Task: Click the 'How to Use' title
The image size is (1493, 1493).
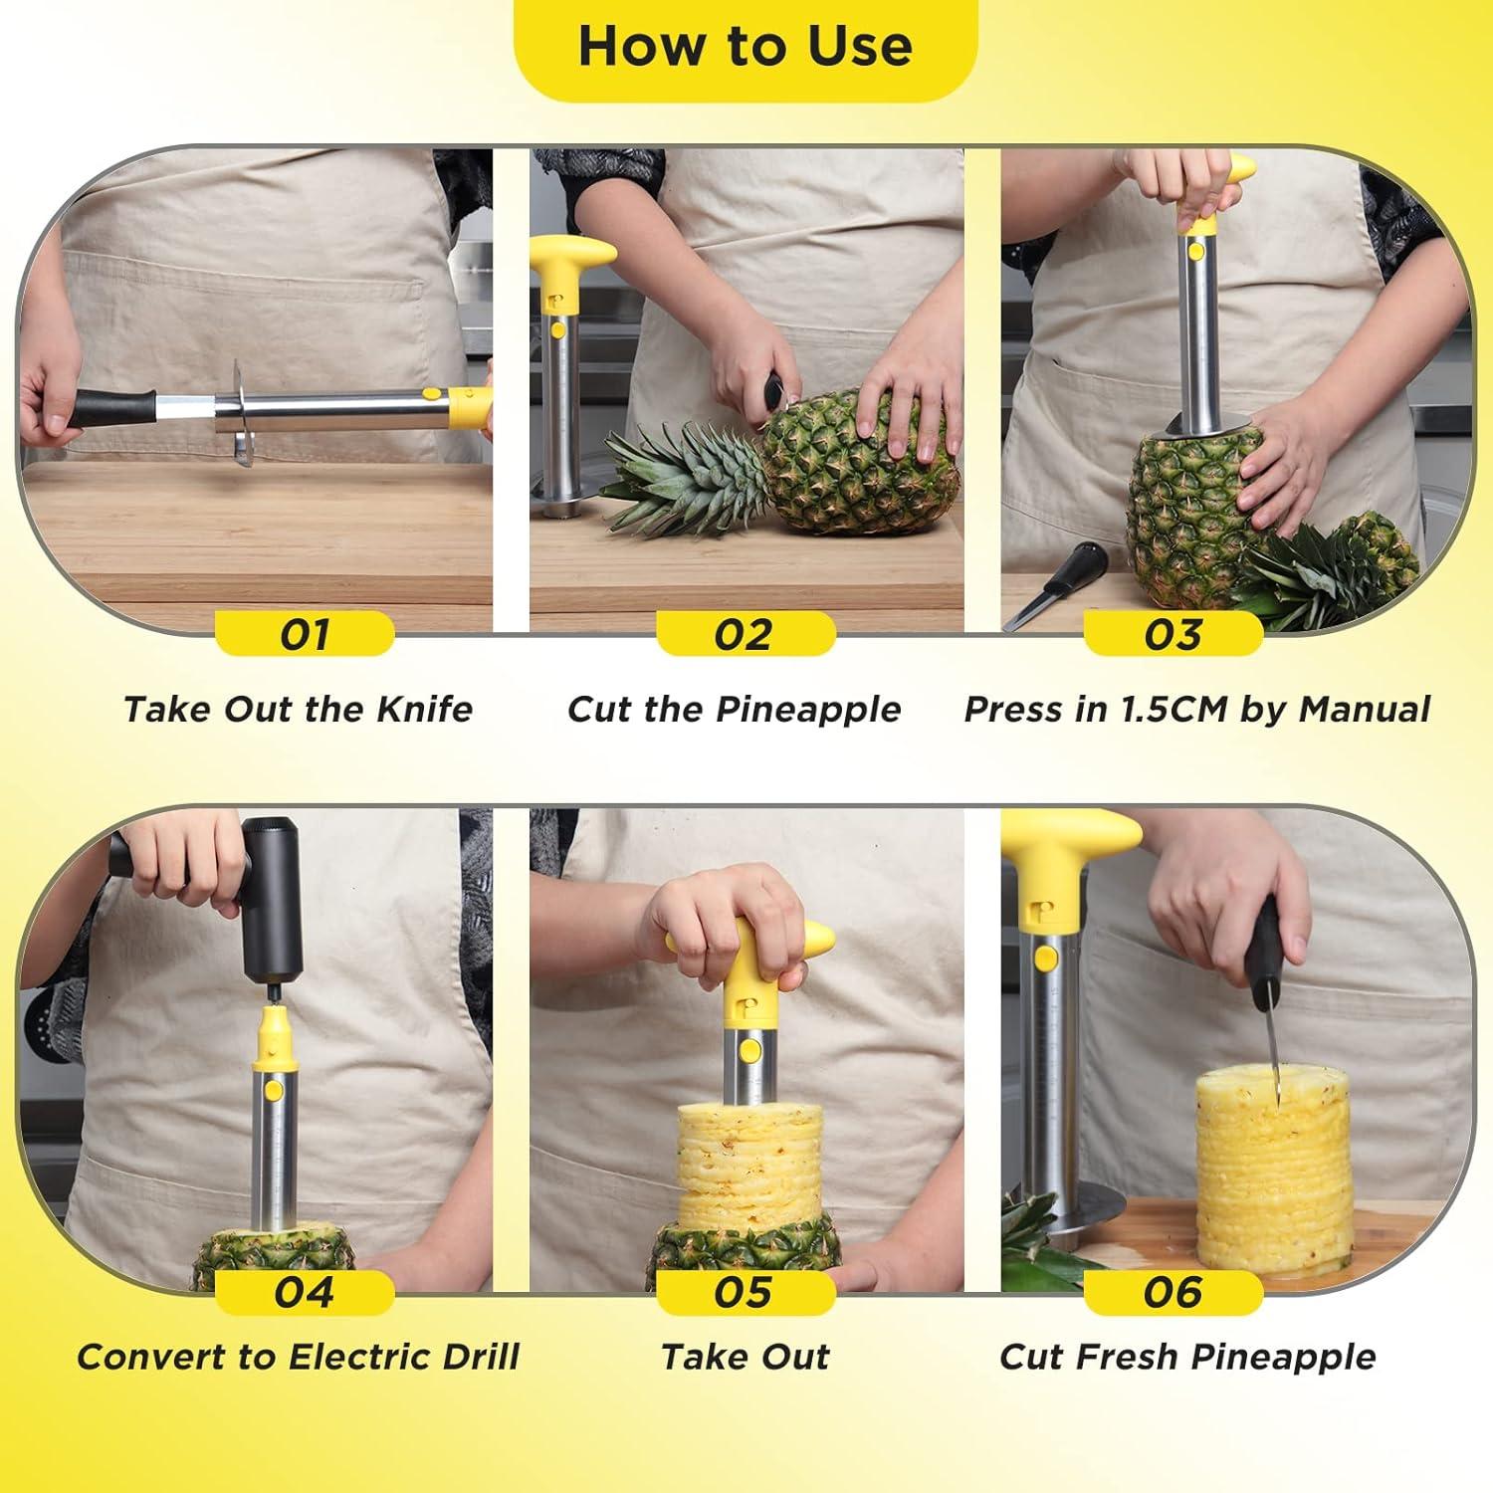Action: tap(745, 47)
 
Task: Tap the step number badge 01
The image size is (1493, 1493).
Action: tap(305, 634)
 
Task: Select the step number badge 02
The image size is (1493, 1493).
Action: tap(745, 634)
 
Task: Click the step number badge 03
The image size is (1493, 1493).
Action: tap(1173, 634)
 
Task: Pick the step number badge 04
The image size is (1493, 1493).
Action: tap(305, 1292)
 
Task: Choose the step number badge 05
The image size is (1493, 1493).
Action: tap(745, 1292)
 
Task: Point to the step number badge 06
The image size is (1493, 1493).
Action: tap(1173, 1292)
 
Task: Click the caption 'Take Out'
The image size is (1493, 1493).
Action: tap(745, 1357)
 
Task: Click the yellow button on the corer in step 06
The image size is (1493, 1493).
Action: tap(1046, 959)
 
